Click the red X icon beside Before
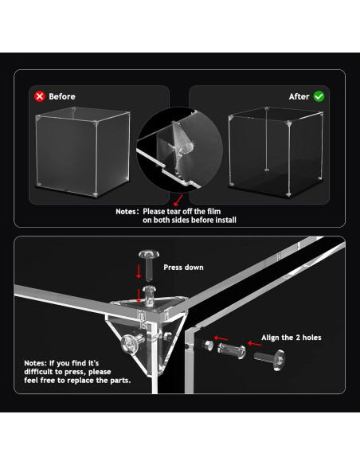tap(40, 96)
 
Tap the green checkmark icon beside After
tap(319, 96)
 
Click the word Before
tap(62, 96)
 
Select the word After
tap(299, 96)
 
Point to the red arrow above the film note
tap(178, 200)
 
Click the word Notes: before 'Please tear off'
tap(127, 212)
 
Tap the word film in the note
tap(213, 212)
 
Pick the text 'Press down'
tap(183, 268)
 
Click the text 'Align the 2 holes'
tap(292, 338)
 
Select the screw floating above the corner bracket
tap(149, 265)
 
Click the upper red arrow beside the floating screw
tap(139, 272)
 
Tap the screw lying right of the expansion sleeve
tap(270, 359)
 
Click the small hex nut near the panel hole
tap(209, 345)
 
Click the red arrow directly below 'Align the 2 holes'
tap(254, 343)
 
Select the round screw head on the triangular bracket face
tap(130, 343)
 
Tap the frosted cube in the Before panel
tap(83, 151)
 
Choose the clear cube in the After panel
tap(276, 151)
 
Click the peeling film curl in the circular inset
tap(182, 143)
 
